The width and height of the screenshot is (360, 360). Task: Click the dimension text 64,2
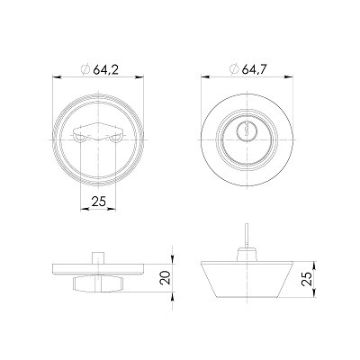tap(106, 70)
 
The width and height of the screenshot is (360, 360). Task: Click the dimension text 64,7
tap(255, 69)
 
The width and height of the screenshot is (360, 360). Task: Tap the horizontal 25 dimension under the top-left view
tap(99, 202)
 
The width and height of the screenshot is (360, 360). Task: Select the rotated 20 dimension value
tap(166, 278)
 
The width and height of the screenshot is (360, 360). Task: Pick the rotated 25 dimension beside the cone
tap(307, 279)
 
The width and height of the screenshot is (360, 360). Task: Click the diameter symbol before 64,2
tap(85, 70)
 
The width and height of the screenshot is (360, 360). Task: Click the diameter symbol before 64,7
tap(234, 69)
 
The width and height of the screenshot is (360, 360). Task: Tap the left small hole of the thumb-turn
tap(80, 139)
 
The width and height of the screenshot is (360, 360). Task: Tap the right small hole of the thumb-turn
tap(115, 139)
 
